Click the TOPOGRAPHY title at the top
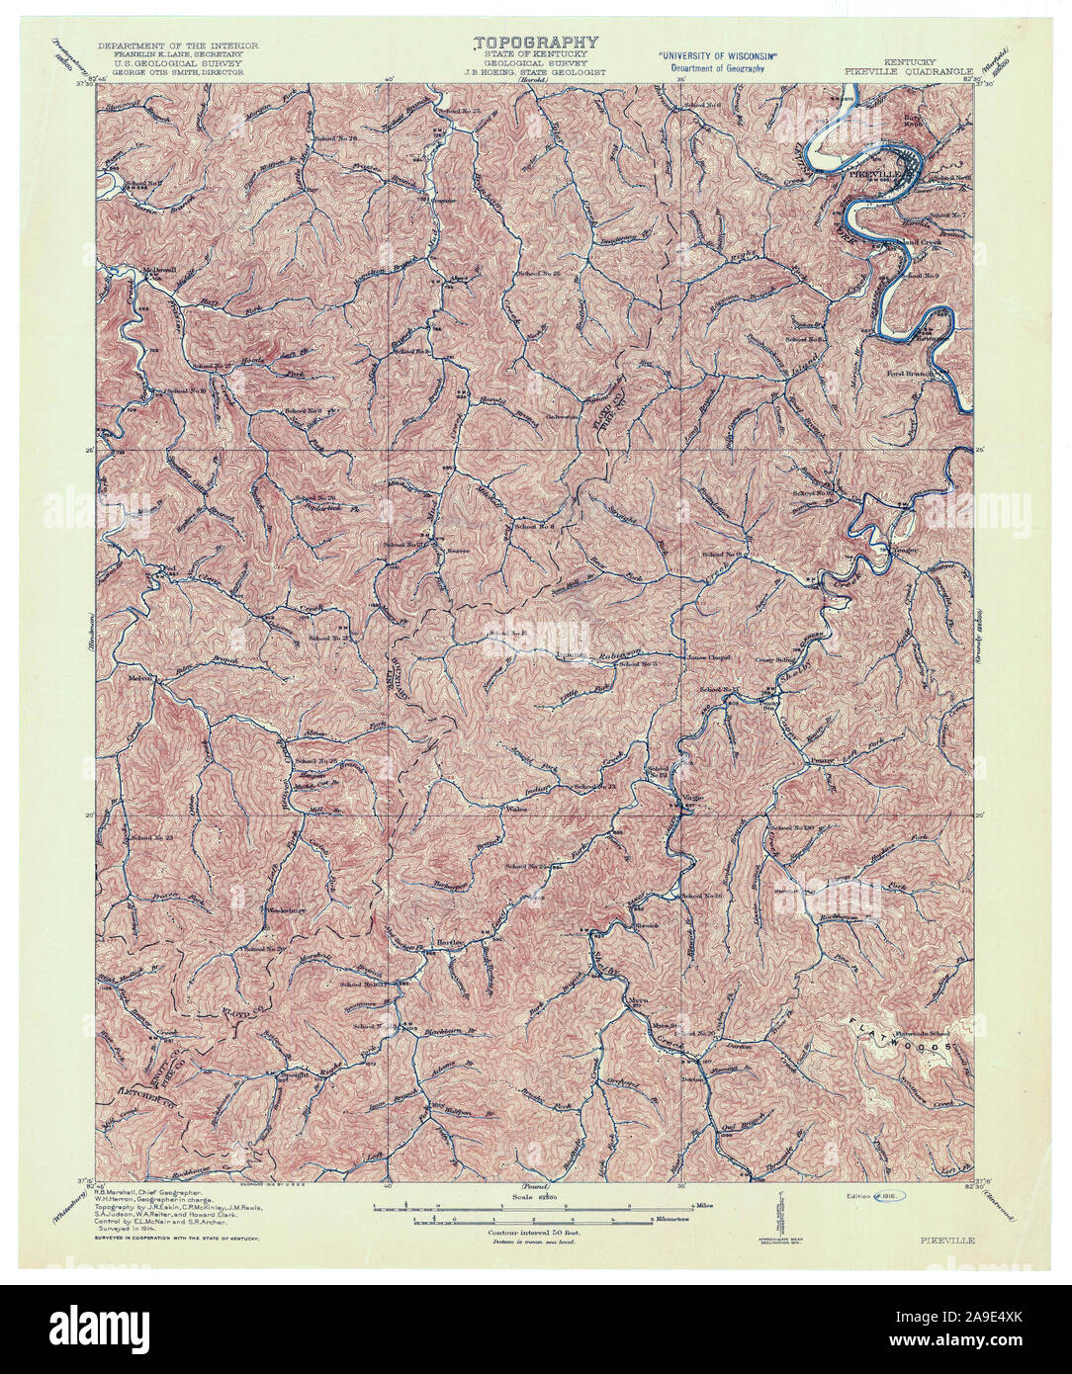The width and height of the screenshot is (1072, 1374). (536, 43)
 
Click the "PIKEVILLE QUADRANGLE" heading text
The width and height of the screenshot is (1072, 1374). (908, 71)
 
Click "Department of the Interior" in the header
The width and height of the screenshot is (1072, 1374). (178, 45)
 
